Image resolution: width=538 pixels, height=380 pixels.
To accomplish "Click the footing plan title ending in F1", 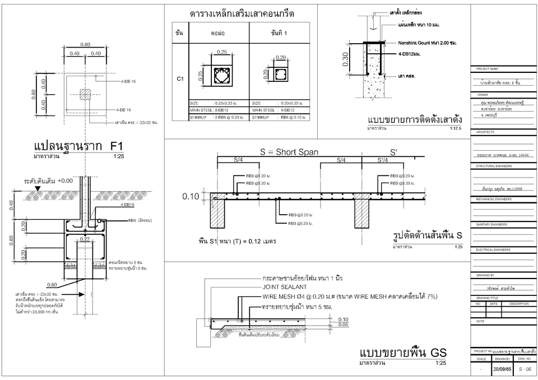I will coord(78,147).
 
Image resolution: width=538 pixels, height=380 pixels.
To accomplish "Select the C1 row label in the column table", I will coord(180,79).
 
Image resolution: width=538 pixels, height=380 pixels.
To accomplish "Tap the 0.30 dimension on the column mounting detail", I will coord(346,59).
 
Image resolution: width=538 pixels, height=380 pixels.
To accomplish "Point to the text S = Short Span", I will coord(290,152).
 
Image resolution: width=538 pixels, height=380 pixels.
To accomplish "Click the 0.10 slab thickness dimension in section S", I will coord(190,197).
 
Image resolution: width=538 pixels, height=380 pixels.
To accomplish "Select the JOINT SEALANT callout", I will coord(281,287).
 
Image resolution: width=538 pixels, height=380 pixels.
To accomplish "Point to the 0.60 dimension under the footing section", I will coord(52,284).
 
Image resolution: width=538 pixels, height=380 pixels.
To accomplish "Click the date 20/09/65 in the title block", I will coord(501,370).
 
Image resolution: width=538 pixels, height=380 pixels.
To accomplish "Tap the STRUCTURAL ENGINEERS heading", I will coord(493,166).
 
